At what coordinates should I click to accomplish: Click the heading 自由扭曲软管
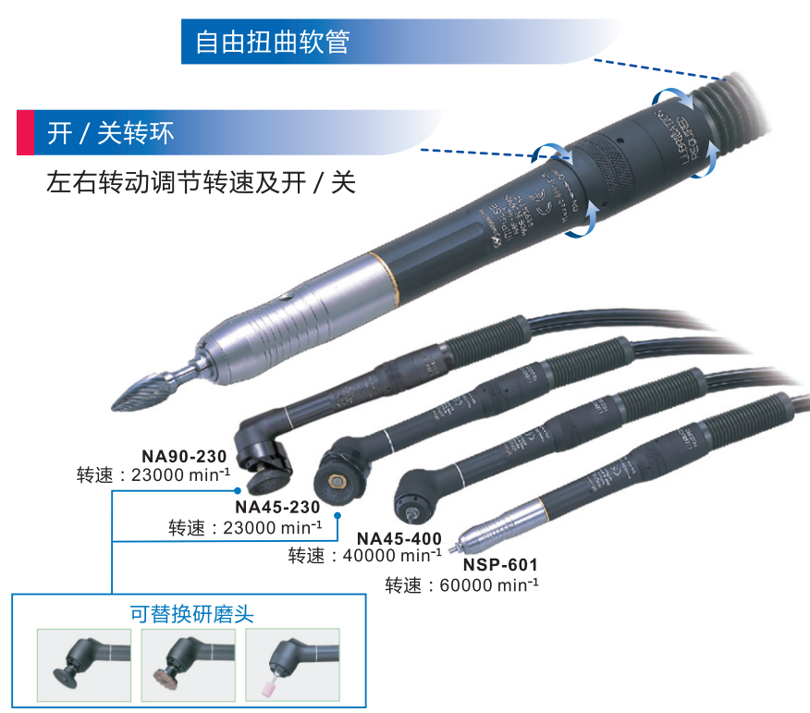click(273, 43)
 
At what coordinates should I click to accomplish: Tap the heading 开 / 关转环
click(110, 134)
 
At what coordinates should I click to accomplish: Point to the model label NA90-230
click(184, 456)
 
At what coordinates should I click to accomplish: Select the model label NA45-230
click(277, 507)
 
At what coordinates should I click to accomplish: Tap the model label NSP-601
click(500, 564)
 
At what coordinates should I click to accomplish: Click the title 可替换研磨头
click(192, 614)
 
